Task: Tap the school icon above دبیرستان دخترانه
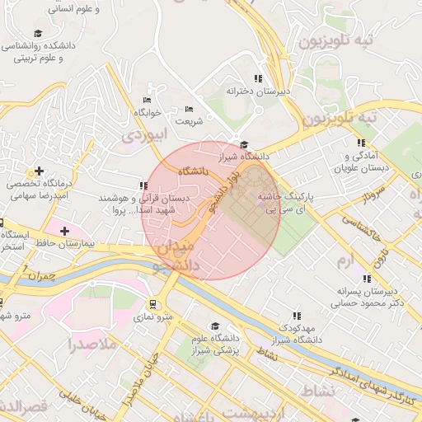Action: [x=258, y=78]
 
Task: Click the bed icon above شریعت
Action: [x=189, y=109]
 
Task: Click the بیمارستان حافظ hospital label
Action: [x=66, y=245]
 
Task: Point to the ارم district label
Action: [x=345, y=260]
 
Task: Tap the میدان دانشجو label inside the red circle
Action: [x=177, y=255]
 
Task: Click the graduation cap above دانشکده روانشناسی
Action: [x=37, y=33]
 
